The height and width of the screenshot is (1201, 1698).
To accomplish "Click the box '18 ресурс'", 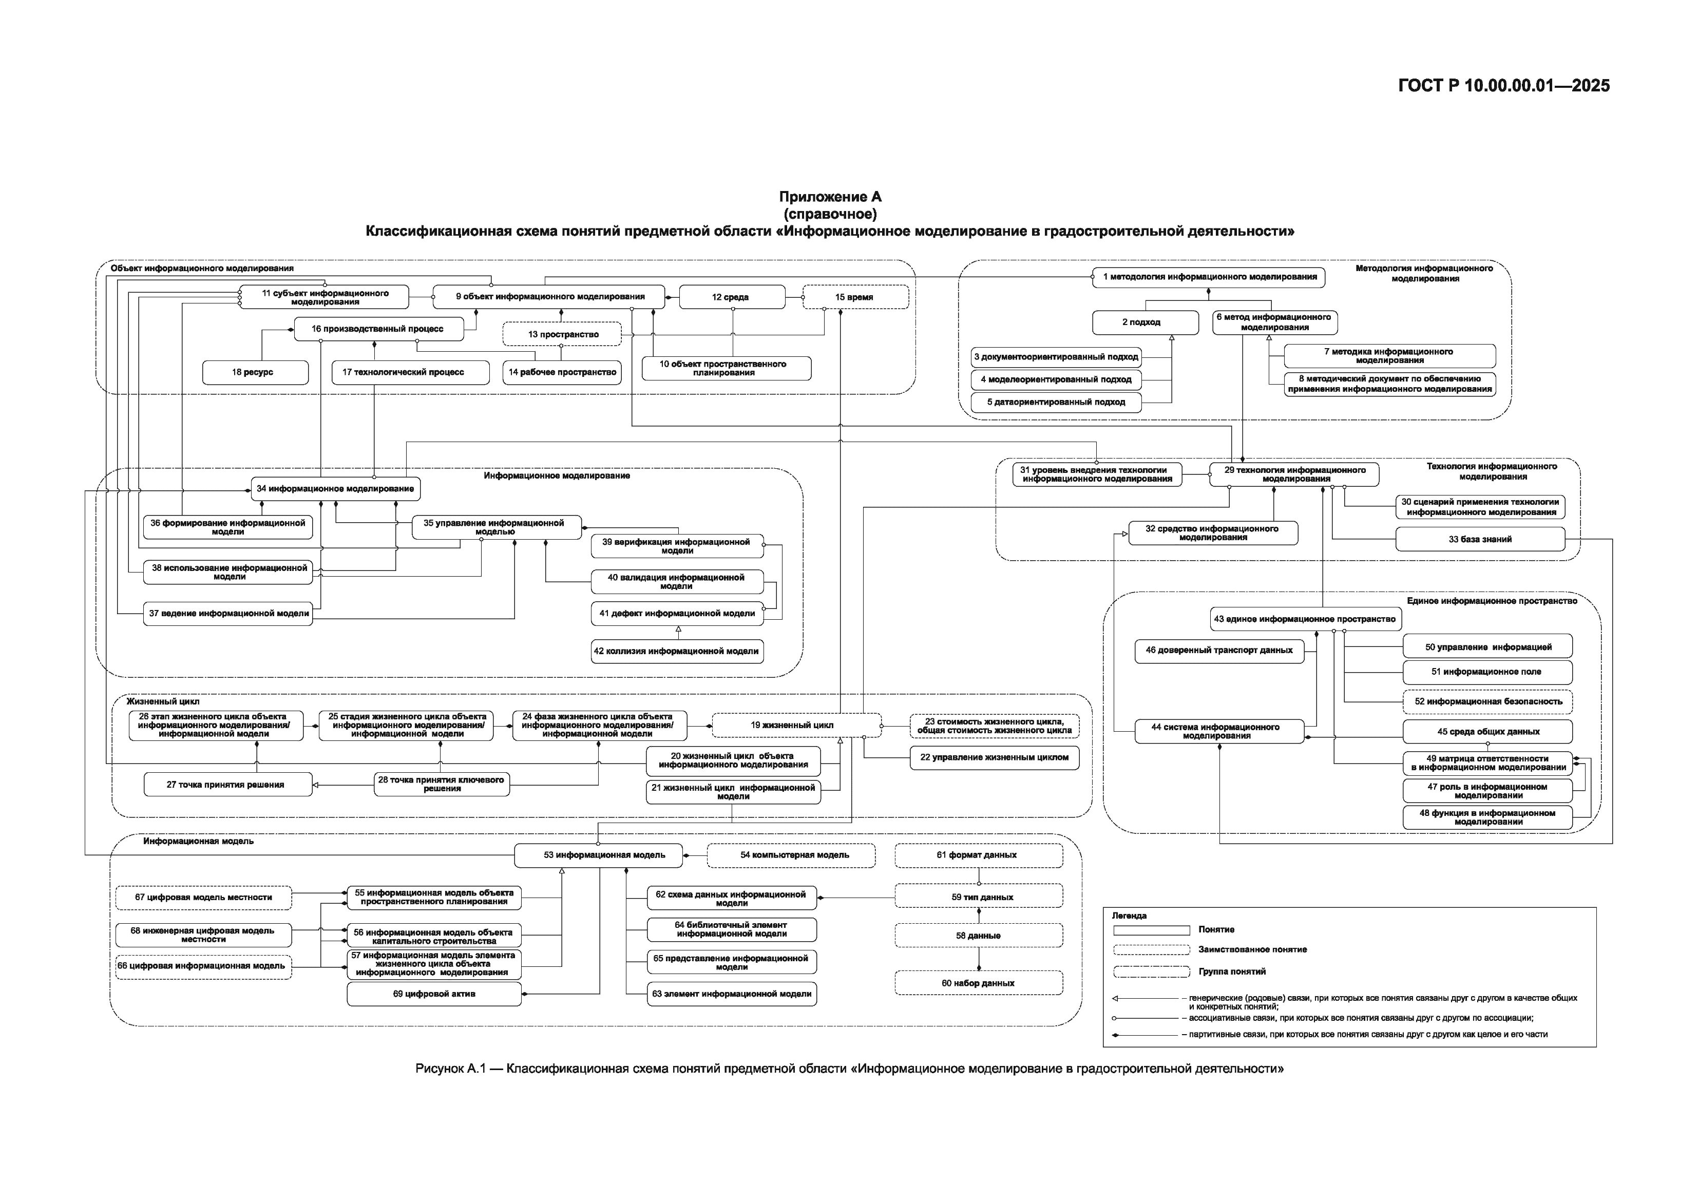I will point(255,372).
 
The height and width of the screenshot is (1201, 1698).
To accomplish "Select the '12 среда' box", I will point(731,297).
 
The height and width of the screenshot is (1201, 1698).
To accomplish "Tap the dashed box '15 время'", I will point(855,297).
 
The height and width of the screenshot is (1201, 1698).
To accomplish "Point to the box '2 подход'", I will point(1145,322).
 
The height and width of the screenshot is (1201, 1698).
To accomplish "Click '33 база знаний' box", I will point(1480,539).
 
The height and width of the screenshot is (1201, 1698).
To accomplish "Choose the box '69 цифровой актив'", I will point(434,994).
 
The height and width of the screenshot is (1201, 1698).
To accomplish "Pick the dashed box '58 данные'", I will point(979,936).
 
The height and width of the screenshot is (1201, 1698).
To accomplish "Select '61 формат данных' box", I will point(979,855).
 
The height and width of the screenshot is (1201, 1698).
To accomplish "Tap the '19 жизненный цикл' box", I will point(796,725).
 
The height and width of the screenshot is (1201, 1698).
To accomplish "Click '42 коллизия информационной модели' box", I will point(677,652).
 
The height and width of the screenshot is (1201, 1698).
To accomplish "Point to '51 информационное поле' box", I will point(1487,672).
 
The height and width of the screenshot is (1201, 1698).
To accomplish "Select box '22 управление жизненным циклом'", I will point(994,757).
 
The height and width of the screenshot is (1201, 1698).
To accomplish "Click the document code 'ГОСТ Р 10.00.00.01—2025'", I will point(1503,86).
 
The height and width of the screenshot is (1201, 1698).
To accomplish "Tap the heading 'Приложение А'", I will point(830,197).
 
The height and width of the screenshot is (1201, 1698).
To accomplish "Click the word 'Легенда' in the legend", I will point(1129,916).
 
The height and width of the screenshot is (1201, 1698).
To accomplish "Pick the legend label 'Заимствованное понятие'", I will point(1252,949).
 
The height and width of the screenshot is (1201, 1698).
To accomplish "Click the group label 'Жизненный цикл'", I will point(163,701).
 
